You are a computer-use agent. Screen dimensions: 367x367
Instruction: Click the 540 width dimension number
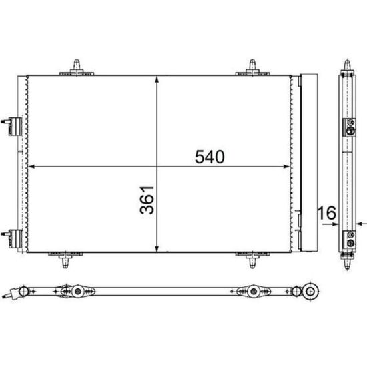[x=210, y=157]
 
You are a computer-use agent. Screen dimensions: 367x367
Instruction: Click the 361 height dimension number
[x=147, y=200]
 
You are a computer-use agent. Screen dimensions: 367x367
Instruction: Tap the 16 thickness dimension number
[x=327, y=212]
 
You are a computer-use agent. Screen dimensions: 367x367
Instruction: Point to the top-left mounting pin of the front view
[x=77, y=67]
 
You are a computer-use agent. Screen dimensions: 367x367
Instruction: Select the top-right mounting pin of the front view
[x=252, y=67]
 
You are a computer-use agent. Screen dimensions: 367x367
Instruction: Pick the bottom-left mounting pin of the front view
[x=65, y=260]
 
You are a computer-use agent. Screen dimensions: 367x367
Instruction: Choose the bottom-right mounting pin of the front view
[x=252, y=260]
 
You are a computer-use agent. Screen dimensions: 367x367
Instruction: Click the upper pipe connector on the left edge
[x=12, y=126]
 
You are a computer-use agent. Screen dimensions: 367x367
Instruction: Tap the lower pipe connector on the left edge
[x=12, y=238]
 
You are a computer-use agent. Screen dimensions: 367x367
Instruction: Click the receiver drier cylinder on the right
[x=309, y=163]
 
